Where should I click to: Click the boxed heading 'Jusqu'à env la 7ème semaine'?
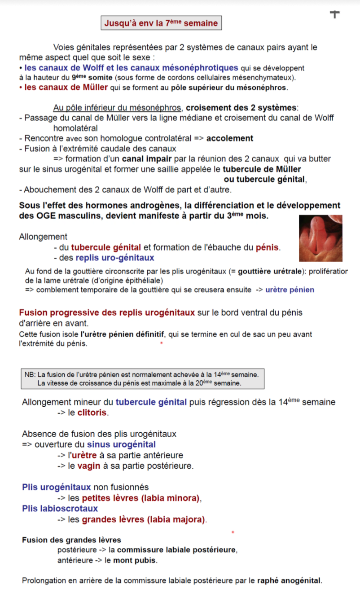click(161, 23)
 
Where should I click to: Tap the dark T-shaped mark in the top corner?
click(334, 14)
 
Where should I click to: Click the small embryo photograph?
click(320, 238)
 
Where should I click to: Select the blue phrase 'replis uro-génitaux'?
click(115, 258)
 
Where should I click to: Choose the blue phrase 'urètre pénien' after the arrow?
click(290, 290)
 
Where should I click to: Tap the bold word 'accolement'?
click(229, 138)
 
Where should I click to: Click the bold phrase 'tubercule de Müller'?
click(262, 169)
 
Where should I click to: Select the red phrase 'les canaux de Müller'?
click(66, 88)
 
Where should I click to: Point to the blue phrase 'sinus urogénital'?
click(121, 444)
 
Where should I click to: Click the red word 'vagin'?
click(88, 466)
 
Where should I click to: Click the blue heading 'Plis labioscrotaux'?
click(60, 509)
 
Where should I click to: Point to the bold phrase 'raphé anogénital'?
click(289, 580)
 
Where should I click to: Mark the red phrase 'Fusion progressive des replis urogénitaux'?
click(107, 312)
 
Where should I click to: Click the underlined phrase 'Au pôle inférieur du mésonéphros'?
click(118, 108)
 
